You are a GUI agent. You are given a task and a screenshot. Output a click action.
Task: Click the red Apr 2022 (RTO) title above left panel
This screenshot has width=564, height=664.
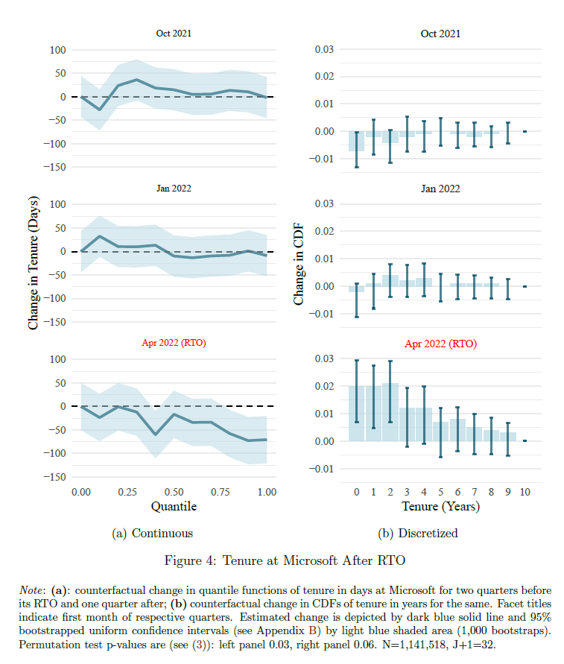[x=174, y=344]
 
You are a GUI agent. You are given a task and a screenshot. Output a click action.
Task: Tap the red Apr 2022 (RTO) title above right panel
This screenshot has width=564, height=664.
[x=440, y=344]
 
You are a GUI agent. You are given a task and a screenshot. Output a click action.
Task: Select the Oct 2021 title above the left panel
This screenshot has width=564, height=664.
[x=174, y=34]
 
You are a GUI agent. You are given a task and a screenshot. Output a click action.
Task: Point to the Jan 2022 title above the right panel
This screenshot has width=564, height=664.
[x=440, y=189]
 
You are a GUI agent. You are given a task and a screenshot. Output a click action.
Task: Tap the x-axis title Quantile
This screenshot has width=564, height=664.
[x=174, y=507]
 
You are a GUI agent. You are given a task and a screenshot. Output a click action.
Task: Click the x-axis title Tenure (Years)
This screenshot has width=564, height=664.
[x=440, y=507]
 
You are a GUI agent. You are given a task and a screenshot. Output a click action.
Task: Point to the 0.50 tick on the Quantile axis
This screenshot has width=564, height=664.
[x=174, y=492]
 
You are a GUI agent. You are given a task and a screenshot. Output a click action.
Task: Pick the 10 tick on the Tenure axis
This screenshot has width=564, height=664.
[x=525, y=492]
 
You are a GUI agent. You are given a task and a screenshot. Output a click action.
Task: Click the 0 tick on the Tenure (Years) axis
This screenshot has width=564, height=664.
[x=357, y=492]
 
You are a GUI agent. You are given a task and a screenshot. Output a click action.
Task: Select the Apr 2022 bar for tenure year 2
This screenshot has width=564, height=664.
[x=390, y=412]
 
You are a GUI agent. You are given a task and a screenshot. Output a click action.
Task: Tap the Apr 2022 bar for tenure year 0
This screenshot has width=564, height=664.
[x=357, y=414]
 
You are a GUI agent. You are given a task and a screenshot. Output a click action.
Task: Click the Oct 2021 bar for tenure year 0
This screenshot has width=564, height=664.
[x=357, y=141]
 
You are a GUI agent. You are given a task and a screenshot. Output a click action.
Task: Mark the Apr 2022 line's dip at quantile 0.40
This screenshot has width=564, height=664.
[x=155, y=434]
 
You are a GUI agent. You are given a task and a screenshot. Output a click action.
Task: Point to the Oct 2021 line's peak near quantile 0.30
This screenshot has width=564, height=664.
[x=136, y=80]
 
